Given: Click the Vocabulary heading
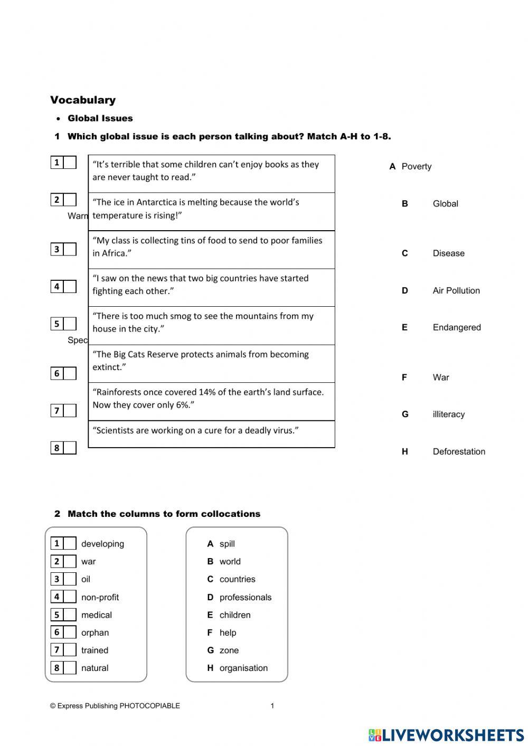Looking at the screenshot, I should (x=83, y=100).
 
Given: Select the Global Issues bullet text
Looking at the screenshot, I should (x=100, y=118).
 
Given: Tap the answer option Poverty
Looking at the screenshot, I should (x=416, y=166).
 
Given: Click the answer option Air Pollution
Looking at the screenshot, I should (x=456, y=290).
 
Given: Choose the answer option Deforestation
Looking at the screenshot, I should (x=459, y=451).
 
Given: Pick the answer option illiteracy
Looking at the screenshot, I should (x=448, y=414).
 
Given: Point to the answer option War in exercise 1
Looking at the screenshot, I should (x=441, y=377).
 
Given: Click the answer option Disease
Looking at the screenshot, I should (x=448, y=253).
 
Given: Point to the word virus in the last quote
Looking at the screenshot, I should (x=285, y=430).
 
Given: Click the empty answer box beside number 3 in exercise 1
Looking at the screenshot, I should (x=70, y=249).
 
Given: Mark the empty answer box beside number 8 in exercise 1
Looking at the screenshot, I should (x=70, y=448).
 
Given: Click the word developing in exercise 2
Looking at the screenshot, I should (x=102, y=544).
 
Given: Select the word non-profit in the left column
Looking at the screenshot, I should (x=100, y=597).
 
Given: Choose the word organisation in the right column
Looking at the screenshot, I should (x=243, y=668).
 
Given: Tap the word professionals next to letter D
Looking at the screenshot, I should (x=246, y=597).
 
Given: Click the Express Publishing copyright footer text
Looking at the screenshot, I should (x=115, y=706).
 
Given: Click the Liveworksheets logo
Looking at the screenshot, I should (x=446, y=735).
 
